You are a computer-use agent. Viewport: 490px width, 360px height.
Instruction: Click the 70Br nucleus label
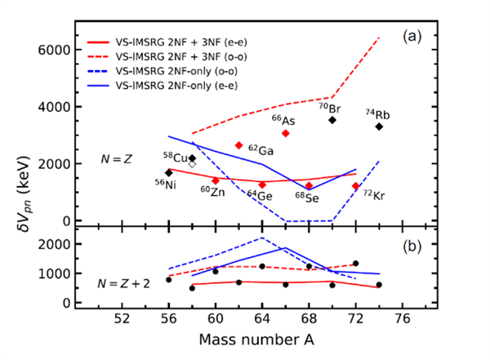pos(329,106)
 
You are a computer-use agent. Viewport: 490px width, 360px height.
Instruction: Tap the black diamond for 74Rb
pos(379,127)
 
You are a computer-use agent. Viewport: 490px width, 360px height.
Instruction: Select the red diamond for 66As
pos(285,133)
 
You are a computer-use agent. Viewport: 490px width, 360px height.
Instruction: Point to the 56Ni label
pos(166,184)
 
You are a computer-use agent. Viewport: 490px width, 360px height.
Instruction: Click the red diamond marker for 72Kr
pos(355,186)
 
